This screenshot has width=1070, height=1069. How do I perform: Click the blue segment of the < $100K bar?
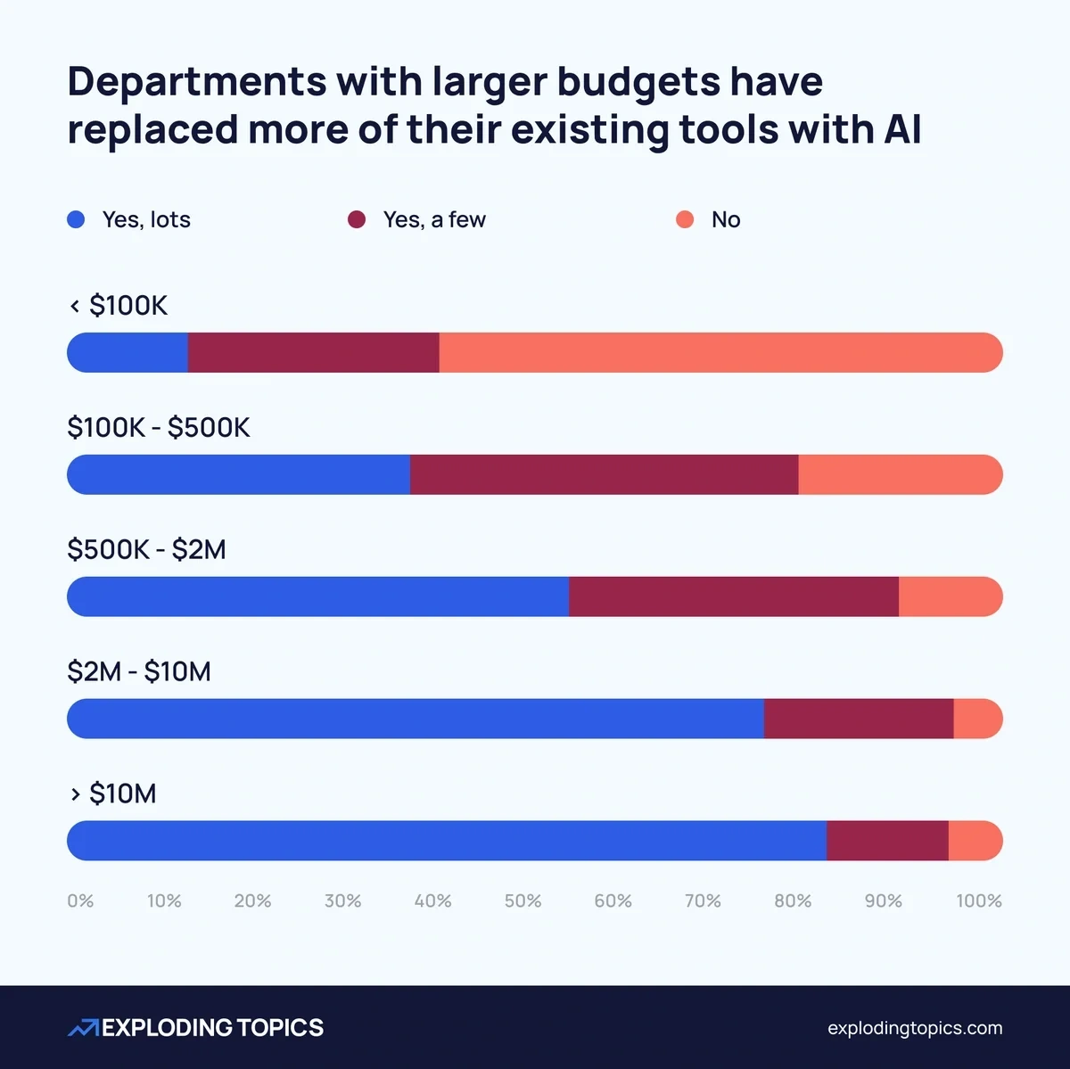tap(128, 352)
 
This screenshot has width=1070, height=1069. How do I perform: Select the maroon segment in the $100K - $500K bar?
tap(604, 474)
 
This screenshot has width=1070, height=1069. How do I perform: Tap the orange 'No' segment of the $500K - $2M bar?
tap(950, 596)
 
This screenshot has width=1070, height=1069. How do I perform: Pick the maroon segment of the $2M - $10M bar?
tap(859, 719)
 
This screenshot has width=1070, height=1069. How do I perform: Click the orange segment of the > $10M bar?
tap(975, 841)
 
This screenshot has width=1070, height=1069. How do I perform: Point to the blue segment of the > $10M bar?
tap(446, 841)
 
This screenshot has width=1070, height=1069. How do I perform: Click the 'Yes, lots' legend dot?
tap(76, 219)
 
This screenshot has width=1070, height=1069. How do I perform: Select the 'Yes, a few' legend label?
tap(434, 219)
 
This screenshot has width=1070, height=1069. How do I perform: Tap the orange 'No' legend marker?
tap(685, 219)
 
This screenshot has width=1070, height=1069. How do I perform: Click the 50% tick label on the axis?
tap(523, 900)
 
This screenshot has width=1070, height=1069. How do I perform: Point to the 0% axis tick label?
tap(80, 900)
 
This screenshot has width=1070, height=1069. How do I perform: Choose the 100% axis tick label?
tap(978, 900)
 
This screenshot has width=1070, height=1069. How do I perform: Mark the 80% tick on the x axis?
tap(793, 900)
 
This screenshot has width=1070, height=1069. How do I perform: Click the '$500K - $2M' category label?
tap(147, 549)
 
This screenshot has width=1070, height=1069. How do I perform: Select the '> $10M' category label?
tap(113, 794)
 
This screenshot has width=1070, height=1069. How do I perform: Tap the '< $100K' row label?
tap(119, 306)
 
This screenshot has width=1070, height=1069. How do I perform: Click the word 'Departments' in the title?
tap(196, 82)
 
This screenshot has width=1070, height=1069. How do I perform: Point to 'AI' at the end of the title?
tap(902, 129)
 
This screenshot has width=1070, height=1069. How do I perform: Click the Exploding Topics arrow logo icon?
tap(83, 1028)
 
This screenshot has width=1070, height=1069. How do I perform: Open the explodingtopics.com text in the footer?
tap(915, 1028)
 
